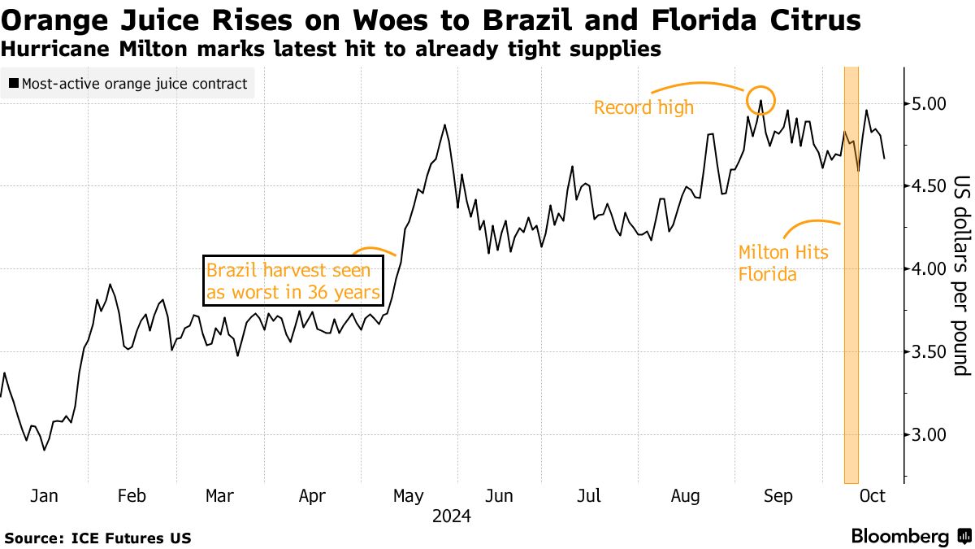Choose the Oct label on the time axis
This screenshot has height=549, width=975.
[873, 496]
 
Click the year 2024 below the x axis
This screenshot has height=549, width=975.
[453, 516]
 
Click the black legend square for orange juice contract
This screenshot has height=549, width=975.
[14, 84]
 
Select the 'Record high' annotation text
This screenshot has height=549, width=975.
[643, 107]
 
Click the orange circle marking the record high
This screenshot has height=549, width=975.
[761, 99]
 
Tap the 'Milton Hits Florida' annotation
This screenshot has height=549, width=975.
[782, 264]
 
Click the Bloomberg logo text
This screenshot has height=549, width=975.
[899, 537]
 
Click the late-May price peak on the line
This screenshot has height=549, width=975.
[445, 125]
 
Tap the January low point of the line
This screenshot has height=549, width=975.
[44, 450]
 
